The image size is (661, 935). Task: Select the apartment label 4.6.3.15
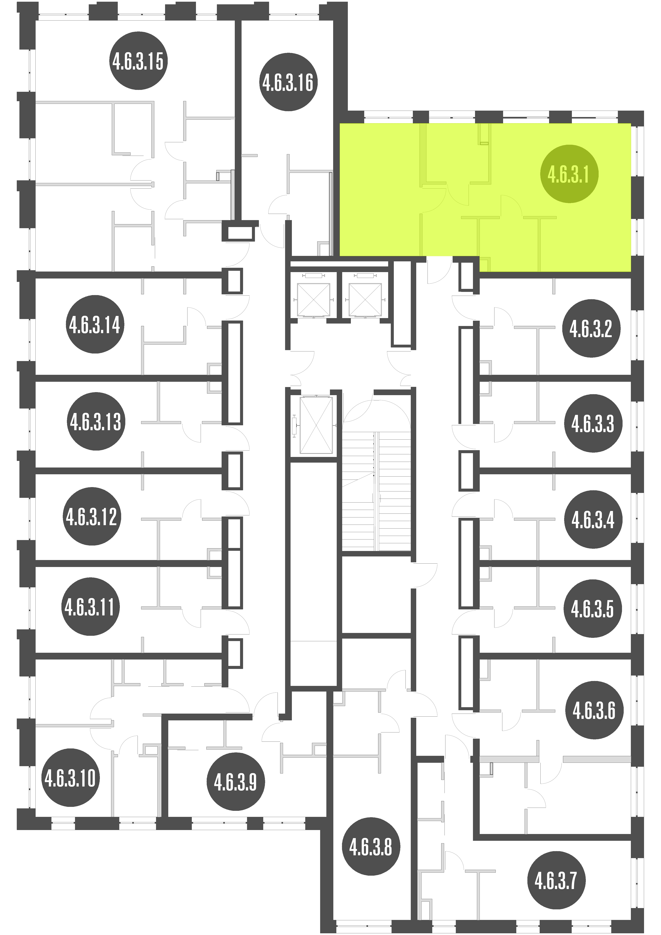point(138,61)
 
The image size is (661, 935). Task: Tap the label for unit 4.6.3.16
point(288,82)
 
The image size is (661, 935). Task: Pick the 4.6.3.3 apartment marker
point(593,424)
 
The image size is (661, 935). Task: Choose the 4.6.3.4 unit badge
point(593,520)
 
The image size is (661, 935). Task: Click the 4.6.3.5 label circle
point(593,609)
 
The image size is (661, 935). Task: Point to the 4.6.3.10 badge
point(70,778)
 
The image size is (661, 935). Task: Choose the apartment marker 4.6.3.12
point(92,516)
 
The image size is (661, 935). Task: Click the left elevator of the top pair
point(314,299)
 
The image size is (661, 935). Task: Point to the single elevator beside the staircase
point(316,425)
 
